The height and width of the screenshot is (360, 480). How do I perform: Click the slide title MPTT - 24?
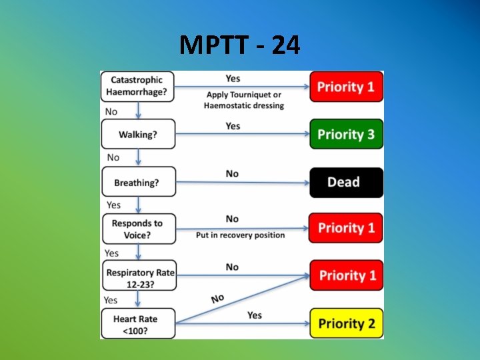(x=240, y=45)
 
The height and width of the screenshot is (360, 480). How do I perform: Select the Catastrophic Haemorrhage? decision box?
(x=137, y=87)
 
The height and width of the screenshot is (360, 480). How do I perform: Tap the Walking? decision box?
(x=137, y=134)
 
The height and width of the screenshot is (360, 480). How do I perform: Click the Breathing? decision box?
(x=137, y=182)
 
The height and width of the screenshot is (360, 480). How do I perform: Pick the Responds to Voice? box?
(x=137, y=229)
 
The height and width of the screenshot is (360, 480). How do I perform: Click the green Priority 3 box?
(x=346, y=134)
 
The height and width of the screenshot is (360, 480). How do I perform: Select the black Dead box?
(x=346, y=182)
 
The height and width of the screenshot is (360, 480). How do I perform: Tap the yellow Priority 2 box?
(x=346, y=324)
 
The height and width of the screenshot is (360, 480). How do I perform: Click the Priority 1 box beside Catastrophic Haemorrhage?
(x=346, y=87)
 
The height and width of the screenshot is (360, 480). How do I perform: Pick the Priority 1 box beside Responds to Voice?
(x=346, y=228)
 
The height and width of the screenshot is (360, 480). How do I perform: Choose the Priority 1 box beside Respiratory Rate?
(x=346, y=275)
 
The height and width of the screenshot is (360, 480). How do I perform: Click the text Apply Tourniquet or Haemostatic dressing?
(x=244, y=100)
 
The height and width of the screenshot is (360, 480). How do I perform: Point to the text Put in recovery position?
(x=240, y=235)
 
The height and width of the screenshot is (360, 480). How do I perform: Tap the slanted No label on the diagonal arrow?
(x=218, y=298)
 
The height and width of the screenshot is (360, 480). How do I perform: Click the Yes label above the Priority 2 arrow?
(x=255, y=315)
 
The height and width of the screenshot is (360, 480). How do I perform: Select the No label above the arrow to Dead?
(x=232, y=173)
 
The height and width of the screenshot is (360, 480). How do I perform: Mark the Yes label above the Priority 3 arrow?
(x=233, y=125)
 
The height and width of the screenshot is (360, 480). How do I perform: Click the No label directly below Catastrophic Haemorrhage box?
(x=111, y=111)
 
